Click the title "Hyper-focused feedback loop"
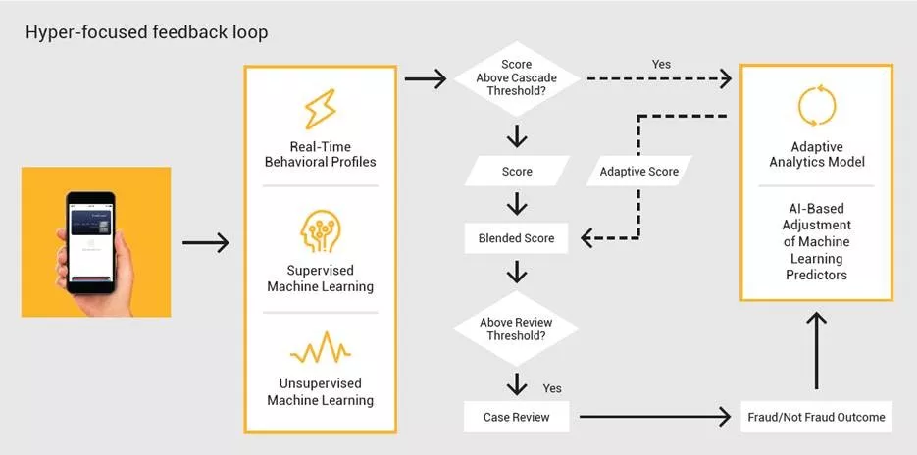(147, 32)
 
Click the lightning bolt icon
(320, 110)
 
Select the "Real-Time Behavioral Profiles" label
(320, 154)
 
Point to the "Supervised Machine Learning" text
(320, 278)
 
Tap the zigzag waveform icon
(320, 349)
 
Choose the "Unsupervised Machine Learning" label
(320, 391)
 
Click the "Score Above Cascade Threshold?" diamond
(517, 78)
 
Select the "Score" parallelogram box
(517, 171)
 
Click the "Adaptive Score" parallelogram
(638, 171)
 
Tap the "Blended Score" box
(516, 237)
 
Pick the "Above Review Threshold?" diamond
(517, 329)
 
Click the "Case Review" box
(516, 417)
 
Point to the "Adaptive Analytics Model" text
(816, 154)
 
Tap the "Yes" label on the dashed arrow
(662, 65)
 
